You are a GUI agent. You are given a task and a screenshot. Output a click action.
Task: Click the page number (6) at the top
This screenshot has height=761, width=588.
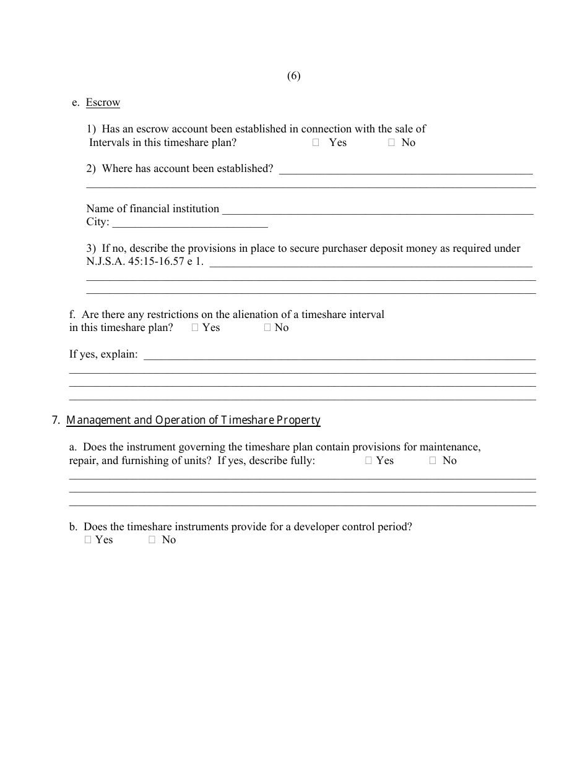(x=293, y=76)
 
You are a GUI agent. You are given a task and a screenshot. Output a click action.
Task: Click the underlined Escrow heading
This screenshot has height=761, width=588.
(x=103, y=103)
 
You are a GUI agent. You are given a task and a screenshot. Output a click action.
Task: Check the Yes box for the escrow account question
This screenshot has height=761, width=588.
(x=316, y=143)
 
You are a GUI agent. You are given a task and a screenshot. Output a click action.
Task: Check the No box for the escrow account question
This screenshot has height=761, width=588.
(x=391, y=143)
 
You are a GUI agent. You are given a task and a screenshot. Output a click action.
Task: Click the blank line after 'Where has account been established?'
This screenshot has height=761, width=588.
(x=405, y=170)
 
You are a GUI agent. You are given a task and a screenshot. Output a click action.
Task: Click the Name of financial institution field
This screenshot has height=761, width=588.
(x=378, y=209)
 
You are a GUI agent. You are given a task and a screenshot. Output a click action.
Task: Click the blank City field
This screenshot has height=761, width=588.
(x=190, y=222)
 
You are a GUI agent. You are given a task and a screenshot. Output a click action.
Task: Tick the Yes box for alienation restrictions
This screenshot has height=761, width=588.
(x=195, y=328)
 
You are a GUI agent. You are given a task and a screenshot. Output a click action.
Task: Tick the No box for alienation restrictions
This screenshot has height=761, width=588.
(x=267, y=328)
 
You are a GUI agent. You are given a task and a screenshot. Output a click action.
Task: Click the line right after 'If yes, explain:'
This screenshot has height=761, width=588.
(x=339, y=355)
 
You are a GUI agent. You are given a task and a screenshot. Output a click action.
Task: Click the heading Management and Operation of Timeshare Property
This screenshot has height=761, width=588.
(x=193, y=421)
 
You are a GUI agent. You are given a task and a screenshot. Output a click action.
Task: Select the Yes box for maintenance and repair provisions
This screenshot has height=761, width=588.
(x=368, y=461)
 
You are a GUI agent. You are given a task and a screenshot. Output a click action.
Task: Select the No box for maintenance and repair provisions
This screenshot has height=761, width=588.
(x=433, y=461)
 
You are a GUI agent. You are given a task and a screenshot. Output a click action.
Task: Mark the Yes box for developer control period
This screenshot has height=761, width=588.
(x=88, y=540)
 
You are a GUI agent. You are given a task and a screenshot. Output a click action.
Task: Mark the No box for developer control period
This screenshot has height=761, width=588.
(x=152, y=540)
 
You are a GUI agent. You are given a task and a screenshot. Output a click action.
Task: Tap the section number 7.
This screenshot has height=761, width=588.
(x=56, y=421)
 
